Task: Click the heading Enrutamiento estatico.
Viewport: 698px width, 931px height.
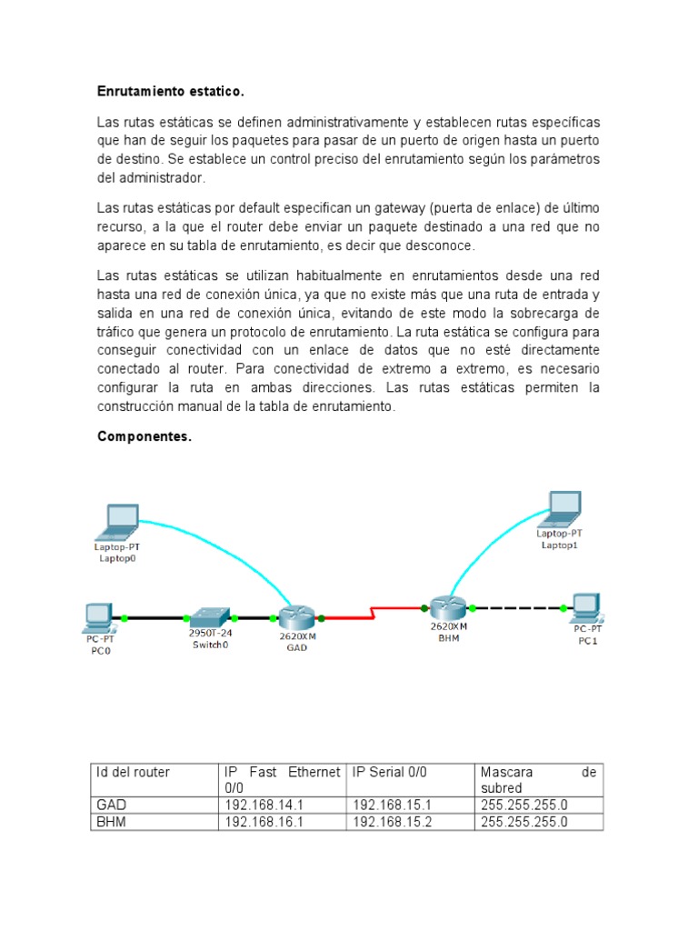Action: (171, 92)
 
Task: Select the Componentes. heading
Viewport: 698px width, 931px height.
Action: (145, 437)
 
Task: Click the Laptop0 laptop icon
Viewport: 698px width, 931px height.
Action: (118, 521)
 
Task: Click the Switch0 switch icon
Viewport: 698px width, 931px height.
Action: (208, 616)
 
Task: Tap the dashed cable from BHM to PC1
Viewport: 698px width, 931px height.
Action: (518, 606)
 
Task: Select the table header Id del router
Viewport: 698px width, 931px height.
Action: (133, 773)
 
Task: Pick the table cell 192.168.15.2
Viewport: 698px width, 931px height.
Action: (394, 822)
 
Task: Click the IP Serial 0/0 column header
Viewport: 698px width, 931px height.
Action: (390, 773)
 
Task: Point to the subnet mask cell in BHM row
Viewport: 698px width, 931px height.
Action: (524, 822)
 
